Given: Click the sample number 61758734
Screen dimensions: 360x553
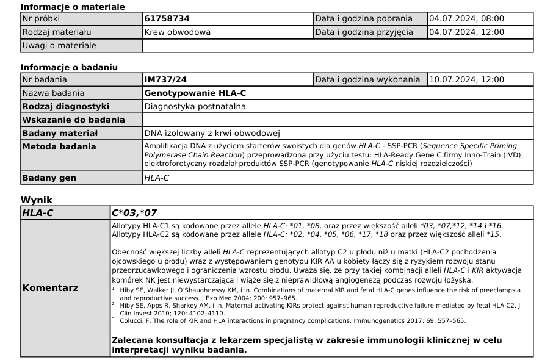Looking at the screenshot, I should pyautogui.click(x=167, y=19).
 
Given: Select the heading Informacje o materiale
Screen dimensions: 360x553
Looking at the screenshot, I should pyautogui.click(x=73, y=7).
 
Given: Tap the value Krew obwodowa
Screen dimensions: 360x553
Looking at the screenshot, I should pyautogui.click(x=178, y=32).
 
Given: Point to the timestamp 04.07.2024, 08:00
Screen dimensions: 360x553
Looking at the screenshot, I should pyautogui.click(x=467, y=19).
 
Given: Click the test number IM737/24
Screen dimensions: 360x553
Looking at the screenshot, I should pyautogui.click(x=166, y=79).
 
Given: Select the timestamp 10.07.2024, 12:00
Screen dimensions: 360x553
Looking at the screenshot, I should pyautogui.click(x=467, y=79).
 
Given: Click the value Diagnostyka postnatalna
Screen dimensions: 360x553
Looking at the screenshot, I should pyautogui.click(x=195, y=106).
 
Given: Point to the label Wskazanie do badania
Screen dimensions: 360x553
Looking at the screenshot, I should pyautogui.click(x=73, y=120).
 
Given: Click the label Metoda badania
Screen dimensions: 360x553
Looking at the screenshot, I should pyautogui.click(x=59, y=146).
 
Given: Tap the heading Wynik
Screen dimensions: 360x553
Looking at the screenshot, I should pyautogui.click(x=37, y=200).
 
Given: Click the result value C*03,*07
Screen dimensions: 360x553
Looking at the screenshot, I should pyautogui.click(x=134, y=212).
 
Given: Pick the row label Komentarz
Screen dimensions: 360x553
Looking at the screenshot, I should pyautogui.click(x=50, y=288).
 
